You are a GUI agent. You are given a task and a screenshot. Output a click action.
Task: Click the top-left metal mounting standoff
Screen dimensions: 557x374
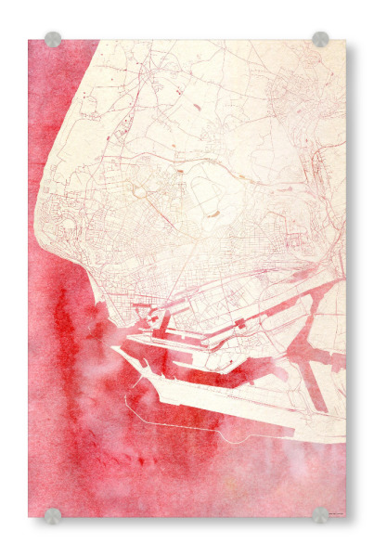[x=53, y=40]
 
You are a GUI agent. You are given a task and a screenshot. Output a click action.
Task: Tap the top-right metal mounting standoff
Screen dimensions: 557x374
[x=320, y=39]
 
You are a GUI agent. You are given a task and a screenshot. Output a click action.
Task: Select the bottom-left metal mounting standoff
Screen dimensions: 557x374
[x=53, y=515]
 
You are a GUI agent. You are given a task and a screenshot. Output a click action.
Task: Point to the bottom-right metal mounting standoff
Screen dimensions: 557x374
[x=320, y=515]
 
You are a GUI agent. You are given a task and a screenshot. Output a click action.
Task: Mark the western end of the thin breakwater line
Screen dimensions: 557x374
[x=125, y=397]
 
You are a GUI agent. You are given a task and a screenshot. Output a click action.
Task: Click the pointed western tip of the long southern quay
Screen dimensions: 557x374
[x=114, y=348]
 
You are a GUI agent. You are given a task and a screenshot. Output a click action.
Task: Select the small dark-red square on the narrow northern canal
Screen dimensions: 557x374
[x=240, y=323]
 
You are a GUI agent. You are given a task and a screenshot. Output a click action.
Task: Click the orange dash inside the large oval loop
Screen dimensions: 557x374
[x=213, y=214]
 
